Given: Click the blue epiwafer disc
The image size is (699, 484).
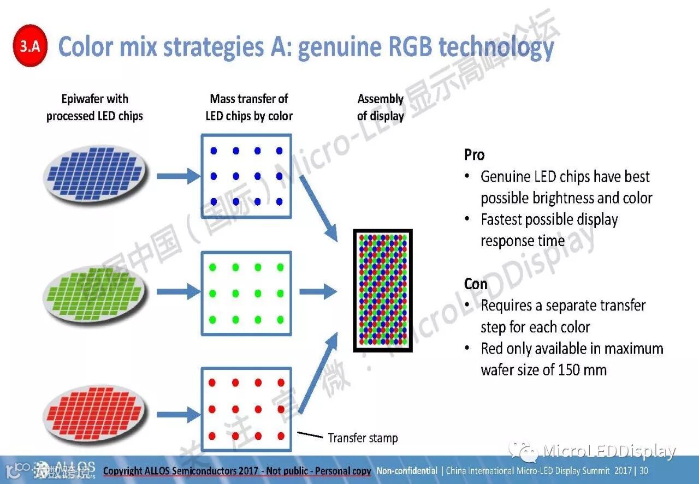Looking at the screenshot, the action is [95, 175].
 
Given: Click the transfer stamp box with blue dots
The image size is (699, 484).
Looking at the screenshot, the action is [246, 176].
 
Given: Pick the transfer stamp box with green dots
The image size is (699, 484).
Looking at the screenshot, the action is [246, 293].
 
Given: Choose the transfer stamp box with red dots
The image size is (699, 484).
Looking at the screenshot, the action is [246, 409].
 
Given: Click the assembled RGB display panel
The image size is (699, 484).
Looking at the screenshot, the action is [382, 290].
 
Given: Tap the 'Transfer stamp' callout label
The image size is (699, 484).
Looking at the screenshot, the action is [363, 438].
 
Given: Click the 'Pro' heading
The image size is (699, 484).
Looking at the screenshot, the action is [474, 155].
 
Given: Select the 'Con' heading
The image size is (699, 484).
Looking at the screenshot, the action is [475, 284].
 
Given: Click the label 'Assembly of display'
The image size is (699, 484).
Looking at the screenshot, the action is [381, 107].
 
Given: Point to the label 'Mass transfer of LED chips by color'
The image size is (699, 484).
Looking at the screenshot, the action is [249, 107].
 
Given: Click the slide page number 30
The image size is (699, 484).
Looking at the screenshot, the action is [644, 470].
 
